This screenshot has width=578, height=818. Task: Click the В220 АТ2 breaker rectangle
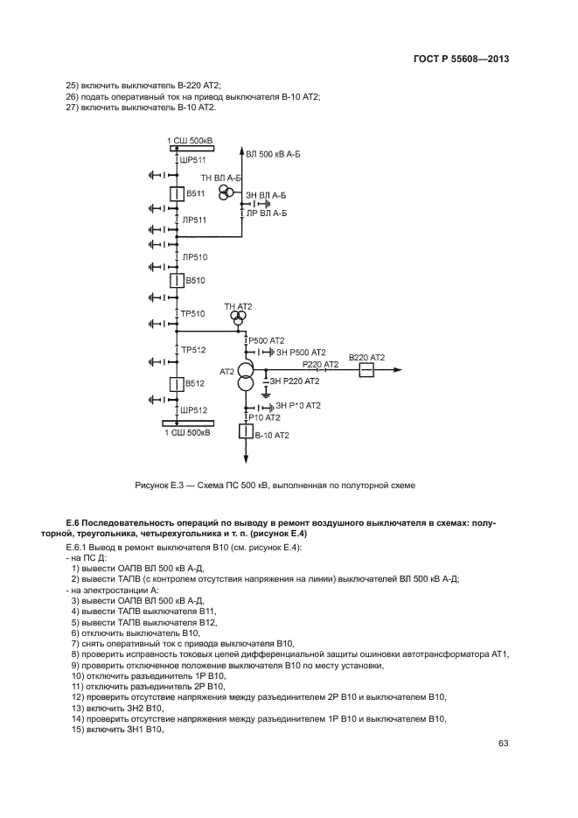click(x=366, y=370)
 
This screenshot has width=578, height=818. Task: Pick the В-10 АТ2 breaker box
click(x=245, y=431)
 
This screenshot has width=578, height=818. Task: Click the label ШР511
click(x=193, y=161)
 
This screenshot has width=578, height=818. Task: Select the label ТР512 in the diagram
click(x=193, y=350)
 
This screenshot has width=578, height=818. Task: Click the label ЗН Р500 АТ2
click(x=300, y=352)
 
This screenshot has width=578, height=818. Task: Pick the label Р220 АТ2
click(x=320, y=363)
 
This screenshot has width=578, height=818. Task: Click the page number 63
click(x=504, y=744)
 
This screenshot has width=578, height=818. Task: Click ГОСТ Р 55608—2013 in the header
click(x=461, y=59)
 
